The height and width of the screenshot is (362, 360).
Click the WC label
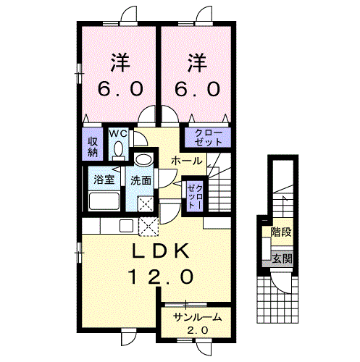click(118, 133)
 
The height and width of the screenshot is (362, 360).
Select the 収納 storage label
click(93, 147)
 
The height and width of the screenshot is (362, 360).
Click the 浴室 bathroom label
click(104, 180)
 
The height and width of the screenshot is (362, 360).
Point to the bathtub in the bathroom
click(104, 201)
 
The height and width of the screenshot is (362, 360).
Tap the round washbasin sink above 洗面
click(144, 160)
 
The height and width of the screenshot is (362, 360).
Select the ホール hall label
click(187, 161)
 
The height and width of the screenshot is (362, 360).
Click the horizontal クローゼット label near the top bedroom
click(208, 138)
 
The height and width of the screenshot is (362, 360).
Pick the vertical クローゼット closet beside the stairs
click(195, 196)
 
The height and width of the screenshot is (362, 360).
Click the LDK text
click(160, 251)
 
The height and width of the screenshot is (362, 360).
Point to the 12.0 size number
click(162, 277)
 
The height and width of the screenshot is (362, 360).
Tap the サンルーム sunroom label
click(198, 317)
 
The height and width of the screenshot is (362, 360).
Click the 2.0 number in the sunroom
click(198, 330)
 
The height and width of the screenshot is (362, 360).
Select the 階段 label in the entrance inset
click(281, 232)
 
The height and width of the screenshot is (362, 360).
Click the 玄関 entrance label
click(282, 258)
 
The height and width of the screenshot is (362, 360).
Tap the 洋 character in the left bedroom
click(120, 62)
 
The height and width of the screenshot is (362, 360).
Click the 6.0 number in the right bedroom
click(197, 89)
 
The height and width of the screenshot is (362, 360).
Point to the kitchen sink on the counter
click(126, 226)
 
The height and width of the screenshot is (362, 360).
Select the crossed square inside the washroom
click(146, 204)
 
